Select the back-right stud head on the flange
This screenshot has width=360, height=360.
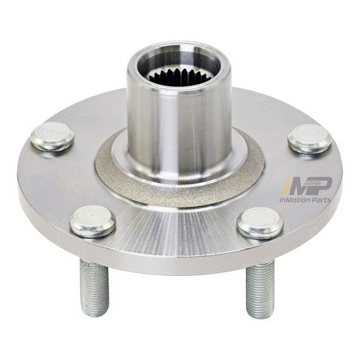[310, 139]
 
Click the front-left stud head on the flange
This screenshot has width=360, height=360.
[92, 222]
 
